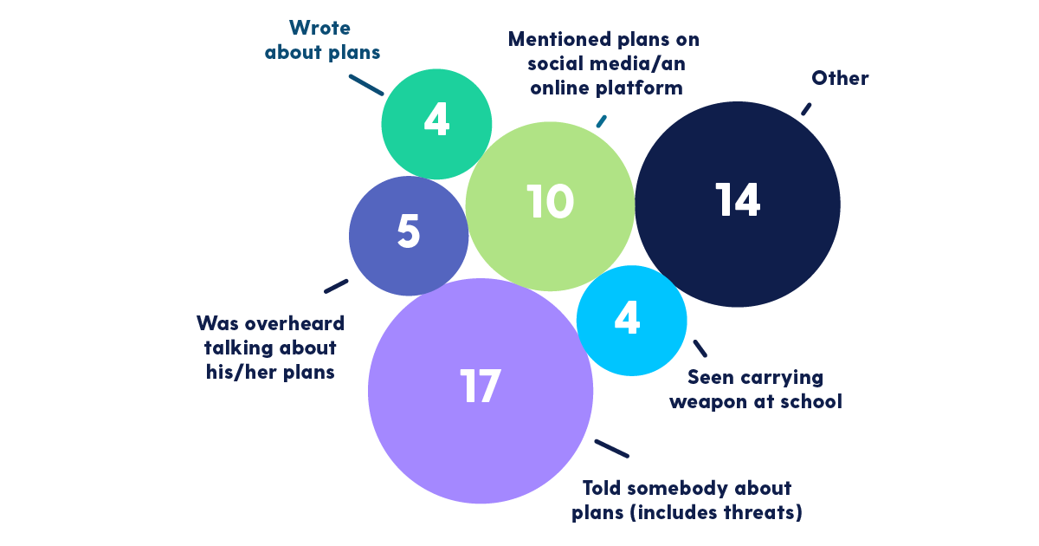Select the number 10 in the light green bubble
pyautogui.click(x=550, y=201)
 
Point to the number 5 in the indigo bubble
pyautogui.click(x=408, y=231)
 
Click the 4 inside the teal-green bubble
pyautogui.click(x=436, y=121)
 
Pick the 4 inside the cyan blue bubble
pyautogui.click(x=627, y=318)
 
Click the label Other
pyautogui.click(x=840, y=79)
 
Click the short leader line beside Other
pyautogui.click(x=806, y=108)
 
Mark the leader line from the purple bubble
pyautogui.click(x=611, y=449)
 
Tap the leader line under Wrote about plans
pyautogui.click(x=366, y=83)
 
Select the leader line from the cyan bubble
pyautogui.click(x=700, y=348)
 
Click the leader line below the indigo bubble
pyautogui.click(x=336, y=285)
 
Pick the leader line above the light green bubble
pyautogui.click(x=602, y=120)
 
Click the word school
pyautogui.click(x=811, y=402)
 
